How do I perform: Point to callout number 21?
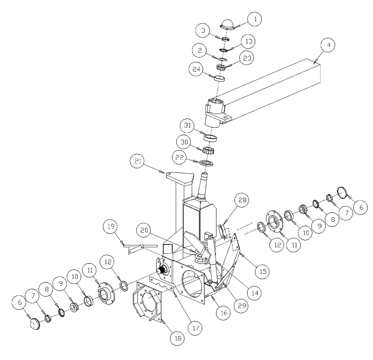point(137,163)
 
